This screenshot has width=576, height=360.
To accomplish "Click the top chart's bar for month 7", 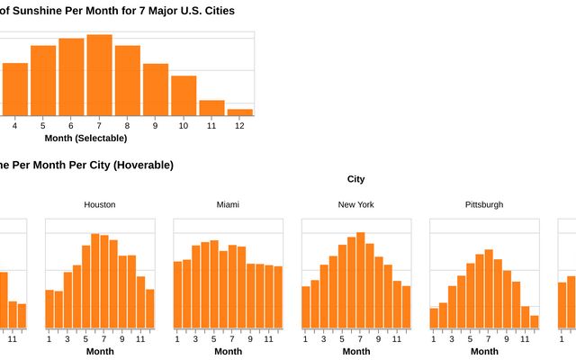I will [x=99, y=75].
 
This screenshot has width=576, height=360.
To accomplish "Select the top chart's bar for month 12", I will [x=239, y=112].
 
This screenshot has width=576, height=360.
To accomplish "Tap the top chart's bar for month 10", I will [x=184, y=94].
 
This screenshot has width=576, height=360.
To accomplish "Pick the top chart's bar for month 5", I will [x=43, y=79].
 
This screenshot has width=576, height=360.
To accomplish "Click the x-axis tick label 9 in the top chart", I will [x=155, y=125].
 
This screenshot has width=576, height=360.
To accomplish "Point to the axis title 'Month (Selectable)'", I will [x=85, y=138].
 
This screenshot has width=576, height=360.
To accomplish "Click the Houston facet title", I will [x=99, y=204].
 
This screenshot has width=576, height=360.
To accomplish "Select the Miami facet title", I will [x=228, y=204].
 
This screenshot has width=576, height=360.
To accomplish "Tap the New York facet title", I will [x=355, y=204].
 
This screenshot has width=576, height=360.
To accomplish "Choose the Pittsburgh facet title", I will [x=484, y=204].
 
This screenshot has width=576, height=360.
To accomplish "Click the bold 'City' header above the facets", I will [x=355, y=179].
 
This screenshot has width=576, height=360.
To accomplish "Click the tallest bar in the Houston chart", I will [x=94, y=281].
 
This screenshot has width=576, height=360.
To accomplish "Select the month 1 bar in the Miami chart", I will [x=178, y=294].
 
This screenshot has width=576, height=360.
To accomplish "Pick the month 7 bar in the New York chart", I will [x=360, y=280].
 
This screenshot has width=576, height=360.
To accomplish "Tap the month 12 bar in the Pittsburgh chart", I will [x=534, y=321].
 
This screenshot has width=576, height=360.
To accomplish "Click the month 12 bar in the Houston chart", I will [x=149, y=309].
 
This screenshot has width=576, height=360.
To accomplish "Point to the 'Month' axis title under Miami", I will [x=228, y=351].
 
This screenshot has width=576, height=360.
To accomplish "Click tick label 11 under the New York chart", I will [x=397, y=338].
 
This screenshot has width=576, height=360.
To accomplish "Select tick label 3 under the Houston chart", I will [x=67, y=338].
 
